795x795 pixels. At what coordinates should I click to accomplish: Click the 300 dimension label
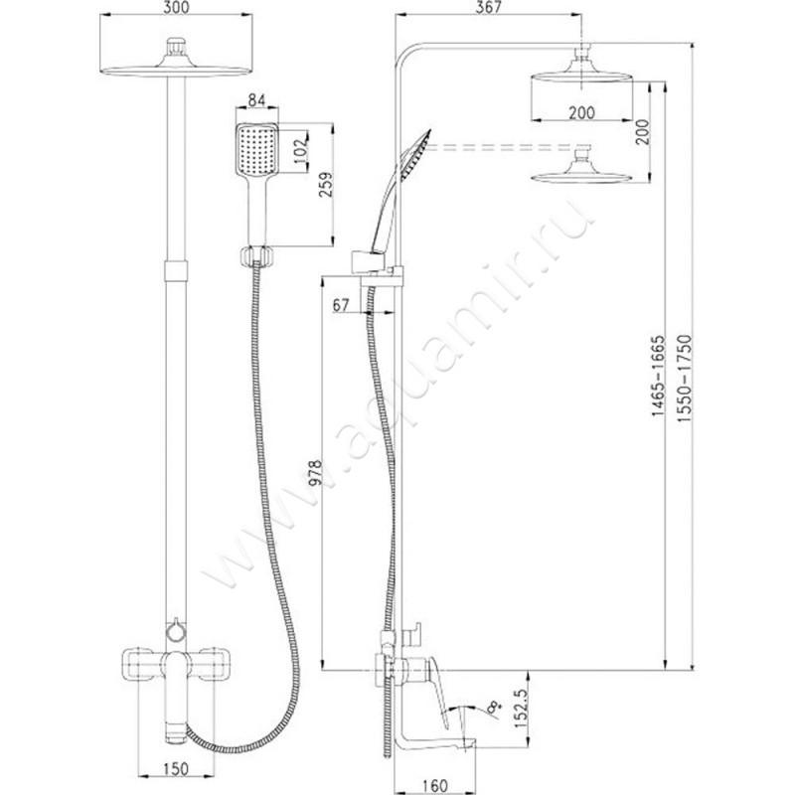click(x=177, y=7)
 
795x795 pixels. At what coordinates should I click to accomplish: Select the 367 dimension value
click(x=489, y=7)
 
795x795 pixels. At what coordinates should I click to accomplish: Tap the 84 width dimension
click(x=256, y=100)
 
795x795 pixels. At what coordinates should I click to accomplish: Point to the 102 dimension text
click(x=300, y=150)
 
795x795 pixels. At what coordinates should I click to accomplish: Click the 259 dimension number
click(x=326, y=185)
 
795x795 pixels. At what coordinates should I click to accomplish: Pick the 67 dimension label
click(x=341, y=305)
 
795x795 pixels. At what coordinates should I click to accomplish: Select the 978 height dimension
click(x=315, y=474)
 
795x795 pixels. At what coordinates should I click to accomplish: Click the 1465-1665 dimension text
click(x=658, y=376)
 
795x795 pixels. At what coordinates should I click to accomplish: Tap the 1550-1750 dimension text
click(x=685, y=379)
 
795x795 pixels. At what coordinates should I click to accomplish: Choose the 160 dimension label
click(x=434, y=786)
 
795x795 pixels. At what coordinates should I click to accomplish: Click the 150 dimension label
click(x=177, y=768)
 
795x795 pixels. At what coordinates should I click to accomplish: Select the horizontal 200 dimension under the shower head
click(x=581, y=112)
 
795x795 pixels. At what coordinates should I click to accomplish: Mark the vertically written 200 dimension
click(x=642, y=132)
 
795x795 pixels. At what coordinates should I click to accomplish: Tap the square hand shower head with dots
click(x=257, y=150)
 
